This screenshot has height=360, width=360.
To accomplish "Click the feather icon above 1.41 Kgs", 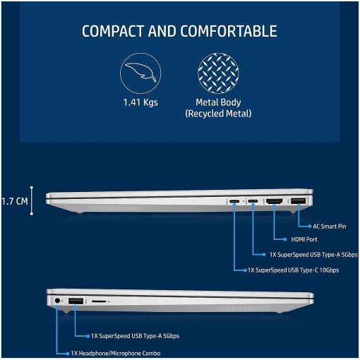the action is pyautogui.click(x=140, y=73).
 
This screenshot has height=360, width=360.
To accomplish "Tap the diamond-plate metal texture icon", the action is pyautogui.click(x=218, y=73).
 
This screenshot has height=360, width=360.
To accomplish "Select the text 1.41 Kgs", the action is pyautogui.click(x=140, y=102).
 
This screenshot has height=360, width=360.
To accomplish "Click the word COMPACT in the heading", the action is pyautogui.click(x=113, y=31).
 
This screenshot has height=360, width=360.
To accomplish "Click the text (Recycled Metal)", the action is pyautogui.click(x=218, y=114).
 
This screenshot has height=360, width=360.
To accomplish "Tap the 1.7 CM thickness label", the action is pyautogui.click(x=15, y=201).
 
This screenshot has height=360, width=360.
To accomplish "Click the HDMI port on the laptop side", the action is pyautogui.click(x=274, y=201).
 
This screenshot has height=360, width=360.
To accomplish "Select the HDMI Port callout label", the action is pyautogui.click(x=304, y=239).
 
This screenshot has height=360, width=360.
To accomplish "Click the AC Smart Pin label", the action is pyautogui.click(x=330, y=227).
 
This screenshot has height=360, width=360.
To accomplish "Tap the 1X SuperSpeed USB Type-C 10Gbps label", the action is pyautogui.click(x=293, y=270).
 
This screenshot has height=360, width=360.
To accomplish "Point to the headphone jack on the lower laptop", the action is pyautogui.click(x=57, y=301).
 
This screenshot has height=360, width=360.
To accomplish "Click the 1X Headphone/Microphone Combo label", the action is pyautogui.click(x=116, y=354).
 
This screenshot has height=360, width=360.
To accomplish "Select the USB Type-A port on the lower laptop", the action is pyautogui.click(x=76, y=301).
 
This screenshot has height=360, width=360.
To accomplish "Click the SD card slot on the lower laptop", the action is pyautogui.click(x=99, y=301).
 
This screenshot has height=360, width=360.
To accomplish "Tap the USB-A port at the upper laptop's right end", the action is pyautogui.click(x=299, y=201).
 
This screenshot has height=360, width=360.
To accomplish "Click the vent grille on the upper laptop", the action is pyautogui.click(x=116, y=208).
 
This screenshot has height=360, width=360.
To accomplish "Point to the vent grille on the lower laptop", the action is pyautogui.click(x=244, y=308).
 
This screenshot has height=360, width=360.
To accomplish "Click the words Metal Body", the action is pyautogui.click(x=218, y=102).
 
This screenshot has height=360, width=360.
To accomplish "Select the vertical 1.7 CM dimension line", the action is pyautogui.click(x=32, y=200).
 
